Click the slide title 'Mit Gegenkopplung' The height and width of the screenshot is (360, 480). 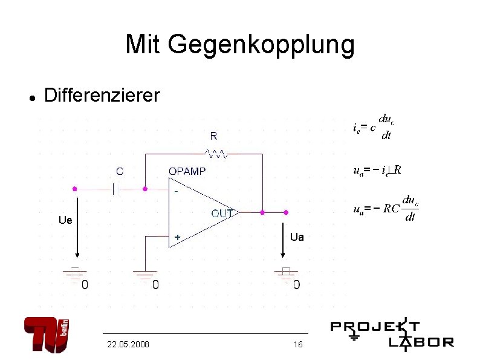pyautogui.click(x=240, y=44)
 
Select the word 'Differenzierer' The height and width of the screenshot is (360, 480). pyautogui.click(x=102, y=95)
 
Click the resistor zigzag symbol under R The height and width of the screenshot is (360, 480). pyautogui.click(x=216, y=154)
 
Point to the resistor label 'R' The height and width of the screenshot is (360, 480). pyautogui.click(x=213, y=135)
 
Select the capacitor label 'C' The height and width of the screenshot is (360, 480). pyautogui.click(x=119, y=172)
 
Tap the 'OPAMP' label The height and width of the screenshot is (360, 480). pyautogui.click(x=187, y=171)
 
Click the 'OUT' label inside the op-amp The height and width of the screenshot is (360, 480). pyautogui.click(x=222, y=213)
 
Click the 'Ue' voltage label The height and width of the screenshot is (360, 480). pyautogui.click(x=65, y=220)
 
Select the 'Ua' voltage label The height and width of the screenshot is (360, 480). pyautogui.click(x=297, y=237)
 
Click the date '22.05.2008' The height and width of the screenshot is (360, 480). pyautogui.click(x=128, y=344)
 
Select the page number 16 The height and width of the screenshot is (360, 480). pyautogui.click(x=297, y=344)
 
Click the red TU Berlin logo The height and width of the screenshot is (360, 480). pyautogui.click(x=47, y=334)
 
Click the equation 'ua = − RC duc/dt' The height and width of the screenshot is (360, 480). pyautogui.click(x=386, y=209)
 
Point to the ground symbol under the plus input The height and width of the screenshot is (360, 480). pyautogui.click(x=145, y=275)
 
